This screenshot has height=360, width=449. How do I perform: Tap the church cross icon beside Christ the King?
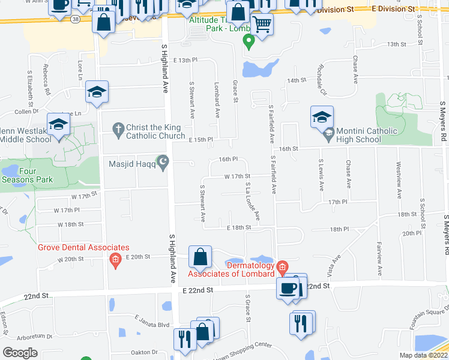tap(118, 128)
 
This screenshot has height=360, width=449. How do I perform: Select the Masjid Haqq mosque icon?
tap(161, 161)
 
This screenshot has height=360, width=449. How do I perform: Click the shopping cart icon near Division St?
tap(262, 25)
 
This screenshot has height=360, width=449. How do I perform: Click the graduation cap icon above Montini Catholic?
tap(322, 116)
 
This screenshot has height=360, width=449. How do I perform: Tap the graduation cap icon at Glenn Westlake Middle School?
tap(59, 124)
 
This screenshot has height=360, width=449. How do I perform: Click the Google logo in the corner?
tap(20, 353)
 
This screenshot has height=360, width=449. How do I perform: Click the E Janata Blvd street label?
tap(152, 324)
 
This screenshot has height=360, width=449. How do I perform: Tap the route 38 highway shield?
tap(74, 19)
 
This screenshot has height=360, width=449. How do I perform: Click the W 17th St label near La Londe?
tap(237, 176)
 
